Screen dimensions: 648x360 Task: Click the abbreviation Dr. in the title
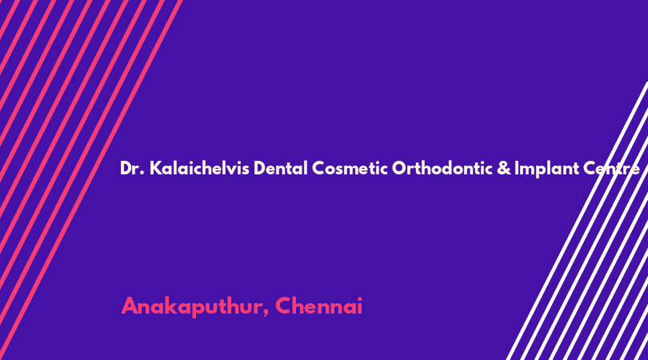pyautogui.click(x=132, y=168)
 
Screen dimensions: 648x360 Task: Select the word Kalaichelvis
pyautogui.click(x=199, y=168)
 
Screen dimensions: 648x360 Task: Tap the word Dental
pyautogui.click(x=281, y=168)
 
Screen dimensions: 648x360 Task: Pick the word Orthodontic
pyautogui.click(x=442, y=168)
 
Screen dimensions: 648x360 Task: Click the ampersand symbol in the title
pyautogui.click(x=504, y=168)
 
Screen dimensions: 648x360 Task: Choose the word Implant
pyautogui.click(x=546, y=169)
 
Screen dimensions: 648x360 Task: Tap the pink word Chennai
pyautogui.click(x=318, y=306)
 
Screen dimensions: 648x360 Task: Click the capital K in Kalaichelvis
pyautogui.click(x=154, y=168)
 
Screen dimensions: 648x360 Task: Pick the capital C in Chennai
pyautogui.click(x=283, y=306)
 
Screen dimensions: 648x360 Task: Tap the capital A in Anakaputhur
pyautogui.click(x=130, y=306)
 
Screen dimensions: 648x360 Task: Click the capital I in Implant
pyautogui.click(x=516, y=168)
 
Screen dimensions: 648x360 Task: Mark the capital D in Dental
pyautogui.click(x=259, y=168)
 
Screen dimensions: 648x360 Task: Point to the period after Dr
pyautogui.click(x=142, y=174)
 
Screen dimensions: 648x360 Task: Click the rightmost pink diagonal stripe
pyautogui.click(x=91, y=180)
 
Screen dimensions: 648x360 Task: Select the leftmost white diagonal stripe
pyautogui.click(x=578, y=221)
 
